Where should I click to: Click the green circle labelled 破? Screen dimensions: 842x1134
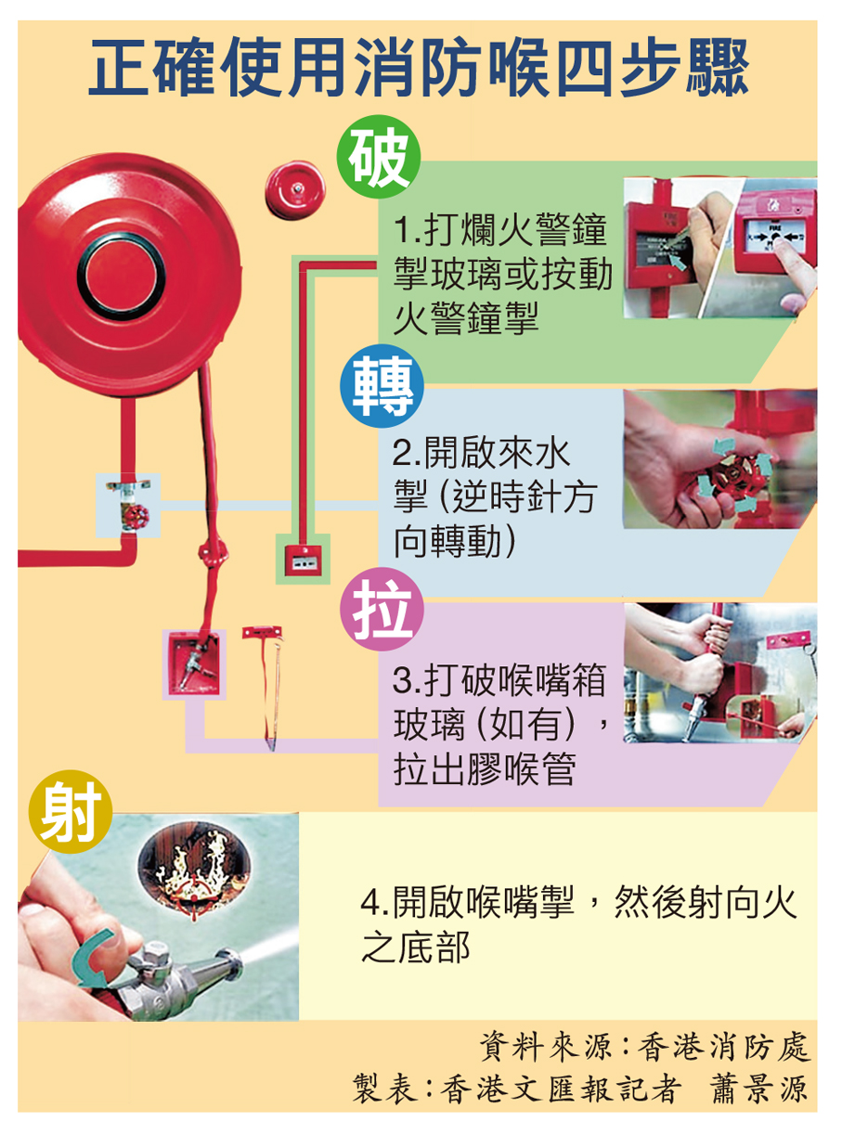click(379, 157)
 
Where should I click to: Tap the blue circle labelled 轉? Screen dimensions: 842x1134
click(382, 387)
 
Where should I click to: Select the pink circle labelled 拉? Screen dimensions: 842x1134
click(382, 610)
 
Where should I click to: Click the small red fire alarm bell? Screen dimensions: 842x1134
click(295, 190)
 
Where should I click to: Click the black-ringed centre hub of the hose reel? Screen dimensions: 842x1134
click(122, 277)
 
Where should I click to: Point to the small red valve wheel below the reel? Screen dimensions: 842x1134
click(135, 515)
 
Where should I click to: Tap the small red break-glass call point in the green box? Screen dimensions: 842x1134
click(304, 561)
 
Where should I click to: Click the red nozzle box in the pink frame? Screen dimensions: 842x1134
click(194, 664)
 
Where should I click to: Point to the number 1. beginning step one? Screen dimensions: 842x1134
click(408, 230)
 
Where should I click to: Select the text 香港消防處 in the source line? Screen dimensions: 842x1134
click(723, 1046)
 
